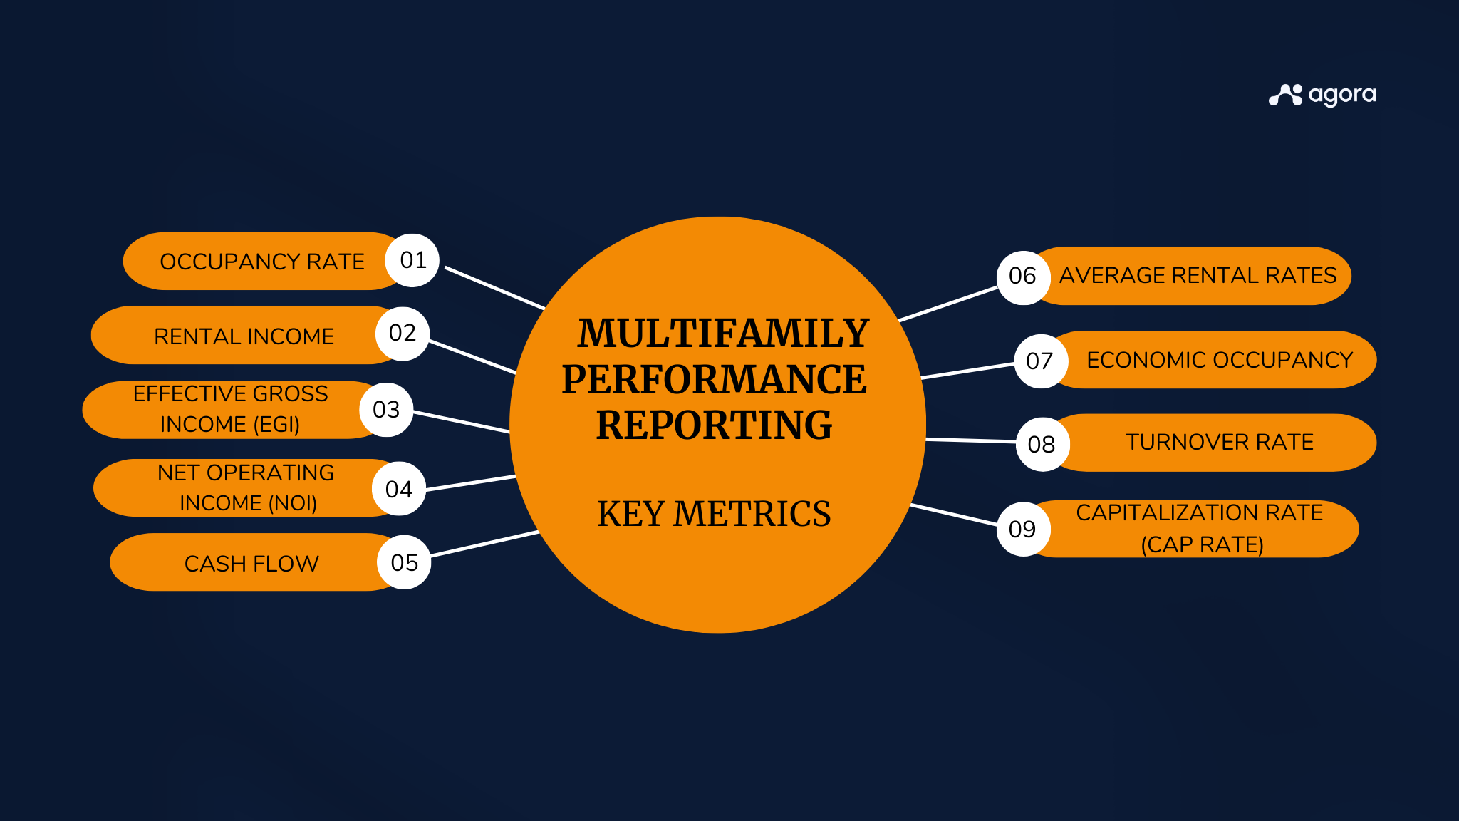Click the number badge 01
(x=412, y=260)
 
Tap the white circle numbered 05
(x=404, y=562)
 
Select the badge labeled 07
(x=1040, y=361)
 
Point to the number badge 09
(x=1023, y=529)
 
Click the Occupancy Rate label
(x=262, y=262)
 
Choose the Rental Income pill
(x=244, y=336)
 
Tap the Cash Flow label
(x=251, y=563)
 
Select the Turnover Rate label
(x=1220, y=442)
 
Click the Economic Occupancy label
(x=1220, y=360)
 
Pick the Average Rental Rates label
(x=1198, y=275)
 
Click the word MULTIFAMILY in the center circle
(x=723, y=334)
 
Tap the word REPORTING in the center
(x=714, y=425)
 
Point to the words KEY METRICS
(x=714, y=514)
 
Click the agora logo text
(x=1342, y=95)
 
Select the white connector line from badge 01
(x=494, y=288)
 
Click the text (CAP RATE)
(x=1202, y=544)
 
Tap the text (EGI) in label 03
(x=276, y=424)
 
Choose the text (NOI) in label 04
(x=293, y=503)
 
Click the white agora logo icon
(x=1285, y=95)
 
